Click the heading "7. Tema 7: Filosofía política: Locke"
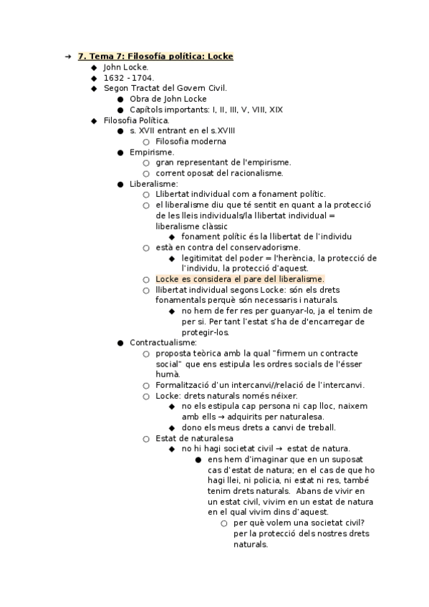coord(155,57)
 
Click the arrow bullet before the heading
coord(67,57)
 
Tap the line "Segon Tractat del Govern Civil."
coord(165,88)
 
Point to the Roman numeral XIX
coord(276,110)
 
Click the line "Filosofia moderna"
coord(190,142)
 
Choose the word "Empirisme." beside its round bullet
coord(152,152)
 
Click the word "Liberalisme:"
coord(153,184)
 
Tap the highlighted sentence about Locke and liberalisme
coord(240,279)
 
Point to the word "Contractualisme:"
coord(163,343)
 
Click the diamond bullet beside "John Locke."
coord(94,67)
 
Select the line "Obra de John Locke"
coord(168,99)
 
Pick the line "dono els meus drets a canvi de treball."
coord(259,427)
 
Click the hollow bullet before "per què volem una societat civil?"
coord(223,523)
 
